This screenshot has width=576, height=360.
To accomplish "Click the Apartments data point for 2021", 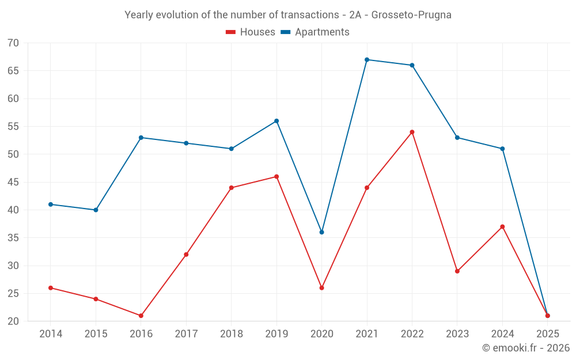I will tap(367, 60).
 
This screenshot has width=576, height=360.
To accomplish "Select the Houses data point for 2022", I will tap(412, 132).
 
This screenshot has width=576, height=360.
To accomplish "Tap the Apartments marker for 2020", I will tap(322, 232).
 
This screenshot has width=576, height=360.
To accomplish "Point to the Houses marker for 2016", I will tap(141, 316).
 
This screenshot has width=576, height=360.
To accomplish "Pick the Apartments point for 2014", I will tap(51, 204).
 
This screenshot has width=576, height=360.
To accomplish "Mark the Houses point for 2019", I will tap(276, 177).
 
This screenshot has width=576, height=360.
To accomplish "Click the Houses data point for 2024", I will tap(502, 227).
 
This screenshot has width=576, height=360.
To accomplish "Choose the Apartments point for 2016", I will tap(141, 138).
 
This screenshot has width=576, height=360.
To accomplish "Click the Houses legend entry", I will tap(251, 32).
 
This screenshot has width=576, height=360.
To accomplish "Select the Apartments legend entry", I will tap(315, 32).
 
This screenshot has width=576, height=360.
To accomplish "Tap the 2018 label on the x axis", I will tap(231, 334).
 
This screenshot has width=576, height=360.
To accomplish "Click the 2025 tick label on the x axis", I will tap(547, 334).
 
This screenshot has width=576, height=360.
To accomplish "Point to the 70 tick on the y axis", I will tap(13, 43).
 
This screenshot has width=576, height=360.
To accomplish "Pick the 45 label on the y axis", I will tap(13, 183).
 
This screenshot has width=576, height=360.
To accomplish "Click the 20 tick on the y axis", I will tap(13, 321).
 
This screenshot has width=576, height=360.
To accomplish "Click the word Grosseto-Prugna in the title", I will tap(411, 15).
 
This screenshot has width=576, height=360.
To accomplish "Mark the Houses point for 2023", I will tap(457, 271).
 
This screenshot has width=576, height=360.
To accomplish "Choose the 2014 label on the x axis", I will tap(51, 334).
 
